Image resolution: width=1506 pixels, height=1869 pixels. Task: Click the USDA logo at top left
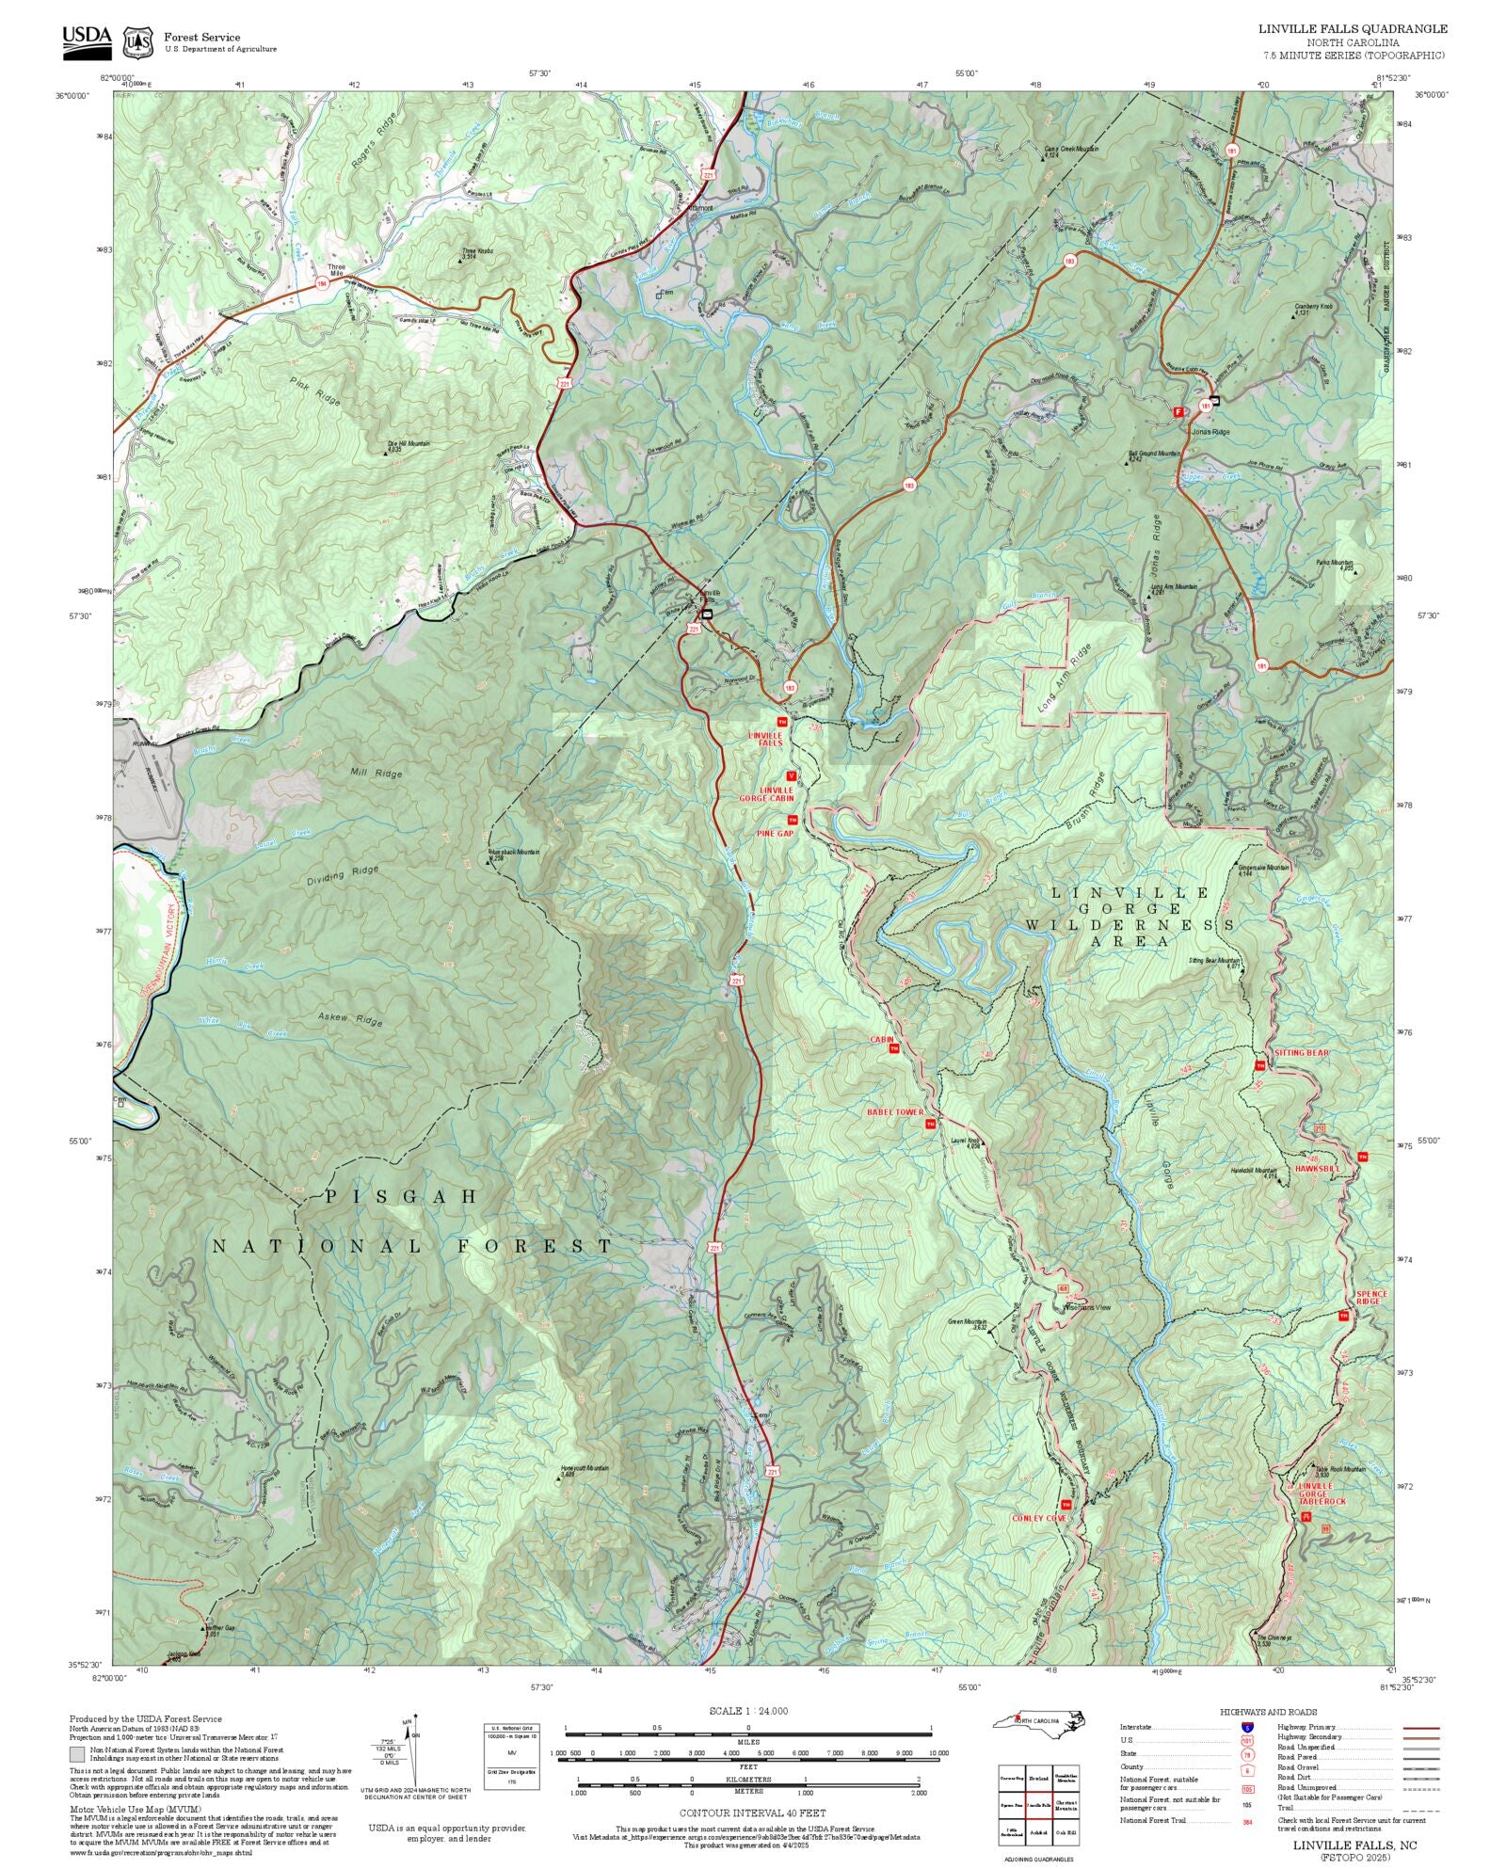[x=87, y=42]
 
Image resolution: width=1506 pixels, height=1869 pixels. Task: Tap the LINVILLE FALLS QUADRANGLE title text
[x=1353, y=29]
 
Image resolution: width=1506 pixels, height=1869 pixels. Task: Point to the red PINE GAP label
[x=776, y=834]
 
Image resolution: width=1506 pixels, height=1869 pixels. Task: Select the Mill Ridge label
[x=376, y=774]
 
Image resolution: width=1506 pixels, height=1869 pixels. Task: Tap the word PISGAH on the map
[x=402, y=1197]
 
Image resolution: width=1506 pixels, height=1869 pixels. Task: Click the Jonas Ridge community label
[x=1210, y=432]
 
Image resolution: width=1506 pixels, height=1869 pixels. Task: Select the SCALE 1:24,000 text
[x=748, y=1711]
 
